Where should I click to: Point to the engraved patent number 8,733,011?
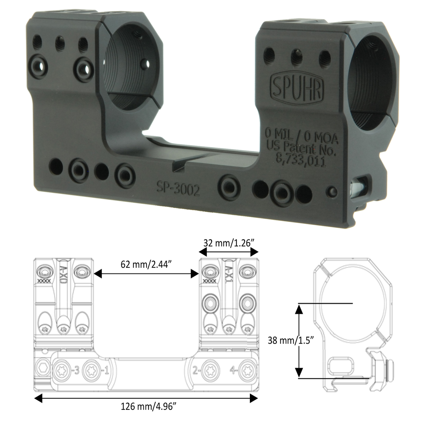(x=301, y=161)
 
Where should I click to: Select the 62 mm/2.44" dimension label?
(x=146, y=265)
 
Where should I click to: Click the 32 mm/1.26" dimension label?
(x=228, y=243)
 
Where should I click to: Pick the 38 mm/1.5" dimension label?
(x=290, y=340)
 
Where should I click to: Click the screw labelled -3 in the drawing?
(x=62, y=370)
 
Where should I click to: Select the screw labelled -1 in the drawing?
(x=92, y=370)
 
